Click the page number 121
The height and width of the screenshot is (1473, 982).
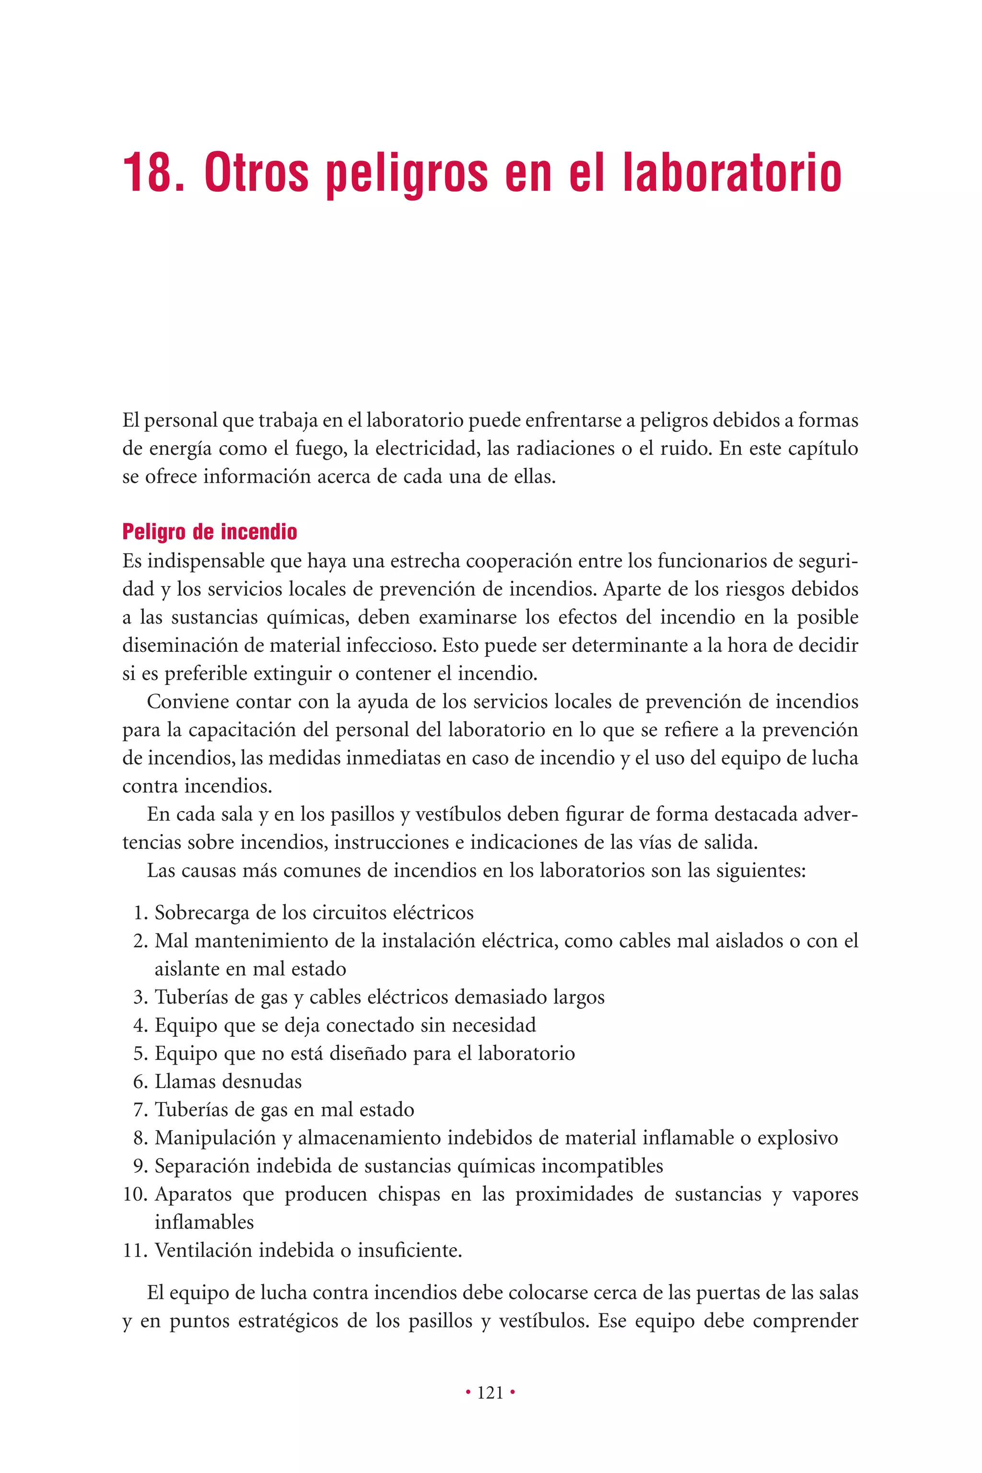[x=491, y=1392]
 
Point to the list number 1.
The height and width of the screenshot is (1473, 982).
[x=140, y=913]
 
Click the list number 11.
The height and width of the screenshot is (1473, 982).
[x=134, y=1250]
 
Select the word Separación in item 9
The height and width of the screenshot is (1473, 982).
[x=202, y=1166]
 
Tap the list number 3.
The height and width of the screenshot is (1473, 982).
[x=140, y=997]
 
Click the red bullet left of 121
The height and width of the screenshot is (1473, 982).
[x=468, y=1392]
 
